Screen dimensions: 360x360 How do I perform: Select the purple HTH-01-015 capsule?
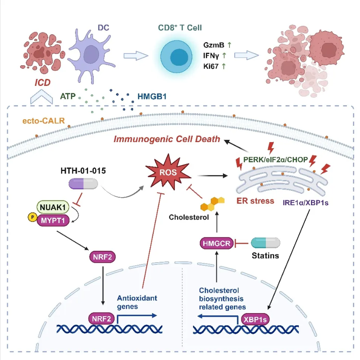[85, 186]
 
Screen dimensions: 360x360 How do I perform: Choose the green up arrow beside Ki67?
[224, 66]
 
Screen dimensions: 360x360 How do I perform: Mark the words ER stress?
[255, 201]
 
